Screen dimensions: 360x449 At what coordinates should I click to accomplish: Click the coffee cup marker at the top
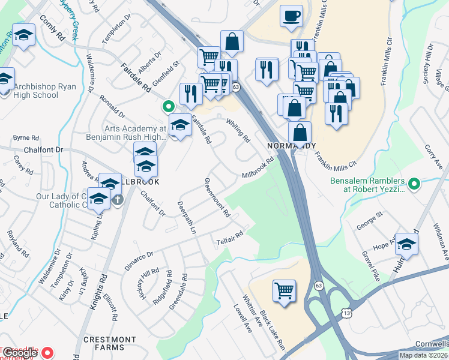coord(291,16)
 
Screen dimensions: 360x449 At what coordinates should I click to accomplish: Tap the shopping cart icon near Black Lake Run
coord(285,291)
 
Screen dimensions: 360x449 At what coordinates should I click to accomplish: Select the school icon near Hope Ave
coord(406,244)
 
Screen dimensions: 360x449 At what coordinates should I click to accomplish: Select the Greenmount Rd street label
coord(217,197)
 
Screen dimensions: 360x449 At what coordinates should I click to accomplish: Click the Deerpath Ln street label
coord(187,217)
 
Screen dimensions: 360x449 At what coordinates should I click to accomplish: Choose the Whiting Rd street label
coord(238,130)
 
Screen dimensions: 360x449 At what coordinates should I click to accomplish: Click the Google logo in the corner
coord(20,353)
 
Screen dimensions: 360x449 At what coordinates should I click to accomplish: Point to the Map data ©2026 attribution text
coord(423,356)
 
